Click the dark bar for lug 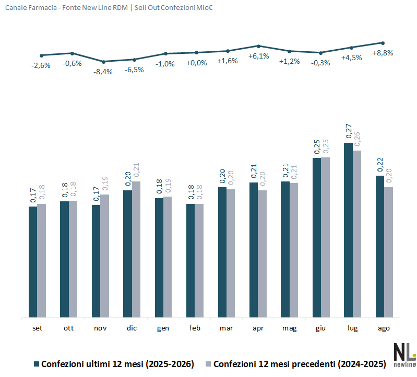pos(349,230)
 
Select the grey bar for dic pos(136,249)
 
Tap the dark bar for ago pos(380,246)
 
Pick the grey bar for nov pos(105,256)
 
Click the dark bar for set pos(33,262)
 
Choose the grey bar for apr pos(262,254)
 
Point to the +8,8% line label pos(383,53)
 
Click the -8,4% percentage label pos(103,72)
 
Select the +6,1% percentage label pos(259,56)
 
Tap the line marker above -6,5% pos(134,60)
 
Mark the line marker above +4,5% pos(352,48)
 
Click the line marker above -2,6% pos(41,55)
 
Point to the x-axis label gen pos(163,328)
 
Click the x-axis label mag pos(289,328)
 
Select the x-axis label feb pos(195,328)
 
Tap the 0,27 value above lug pos(349,131)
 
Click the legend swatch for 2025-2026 pos(37,364)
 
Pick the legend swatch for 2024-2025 pos(208,364)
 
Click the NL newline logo pos(405,356)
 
